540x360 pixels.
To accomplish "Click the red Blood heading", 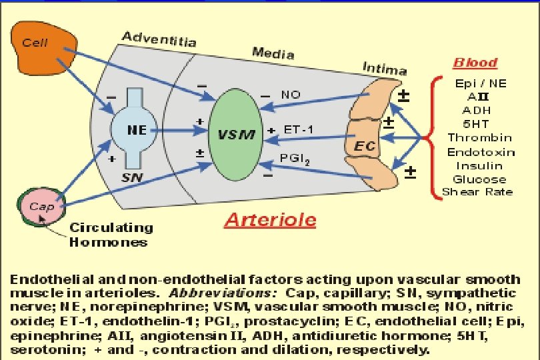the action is pos(475,63).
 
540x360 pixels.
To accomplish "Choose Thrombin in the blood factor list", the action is pos(480,138).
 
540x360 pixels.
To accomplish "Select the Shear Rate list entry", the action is pos(479,192).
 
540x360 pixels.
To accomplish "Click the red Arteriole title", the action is pos(270,220).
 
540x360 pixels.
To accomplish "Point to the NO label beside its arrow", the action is pos(291,95).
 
